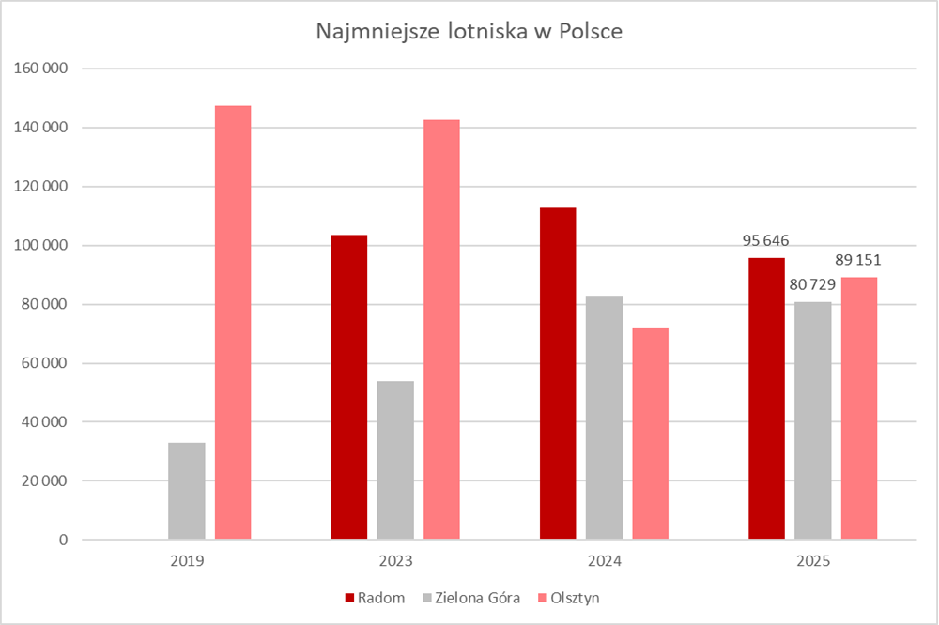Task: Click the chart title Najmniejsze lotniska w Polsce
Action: pyautogui.click(x=469, y=31)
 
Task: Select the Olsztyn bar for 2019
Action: pyautogui.click(x=233, y=323)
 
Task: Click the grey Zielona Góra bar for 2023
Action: pyautogui.click(x=395, y=460)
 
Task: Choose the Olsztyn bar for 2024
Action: pyautogui.click(x=650, y=434)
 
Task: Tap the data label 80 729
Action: pyautogui.click(x=812, y=283)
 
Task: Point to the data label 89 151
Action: pyautogui.click(x=858, y=259)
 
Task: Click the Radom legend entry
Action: pyautogui.click(x=375, y=598)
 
